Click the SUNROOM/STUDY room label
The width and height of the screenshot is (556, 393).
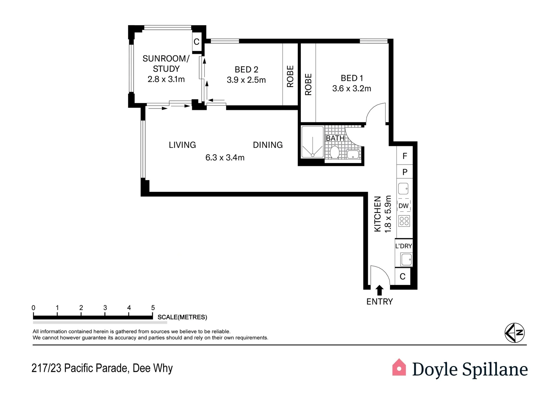pyautogui.click(x=166, y=64)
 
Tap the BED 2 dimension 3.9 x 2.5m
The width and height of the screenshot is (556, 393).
pyautogui.click(x=246, y=80)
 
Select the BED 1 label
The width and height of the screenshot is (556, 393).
pyautogui.click(x=351, y=78)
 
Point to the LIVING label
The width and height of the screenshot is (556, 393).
pyautogui.click(x=182, y=145)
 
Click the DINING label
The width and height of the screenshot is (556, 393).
pyautogui.click(x=268, y=145)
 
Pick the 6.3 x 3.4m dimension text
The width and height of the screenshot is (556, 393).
pyautogui.click(x=225, y=158)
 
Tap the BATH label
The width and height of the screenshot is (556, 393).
pyautogui.click(x=335, y=138)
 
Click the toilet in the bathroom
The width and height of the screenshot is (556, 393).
pyautogui.click(x=335, y=152)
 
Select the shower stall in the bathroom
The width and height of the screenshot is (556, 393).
pyautogui.click(x=312, y=142)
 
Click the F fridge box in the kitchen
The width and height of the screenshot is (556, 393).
pyautogui.click(x=405, y=156)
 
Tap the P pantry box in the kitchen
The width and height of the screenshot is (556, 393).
pyautogui.click(x=405, y=172)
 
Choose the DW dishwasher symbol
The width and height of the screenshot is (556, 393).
pyautogui.click(x=403, y=206)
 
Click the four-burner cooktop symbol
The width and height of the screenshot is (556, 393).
pyautogui.click(x=404, y=221)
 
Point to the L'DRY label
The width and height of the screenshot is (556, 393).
pyautogui.click(x=403, y=246)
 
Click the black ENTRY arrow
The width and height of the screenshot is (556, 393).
pyautogui.click(x=379, y=290)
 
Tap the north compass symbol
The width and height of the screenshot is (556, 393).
pyautogui.click(x=514, y=333)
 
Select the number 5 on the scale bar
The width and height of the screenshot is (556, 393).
pyautogui.click(x=153, y=308)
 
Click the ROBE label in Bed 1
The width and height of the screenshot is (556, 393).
pyautogui.click(x=308, y=84)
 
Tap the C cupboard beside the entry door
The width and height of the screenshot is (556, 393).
pyautogui.click(x=402, y=277)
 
